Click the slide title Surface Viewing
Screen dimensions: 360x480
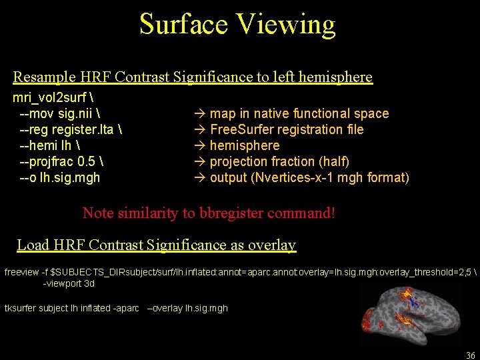click(237, 25)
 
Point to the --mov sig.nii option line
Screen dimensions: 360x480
click(60, 113)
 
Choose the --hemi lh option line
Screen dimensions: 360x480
click(49, 145)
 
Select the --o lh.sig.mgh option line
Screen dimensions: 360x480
click(60, 177)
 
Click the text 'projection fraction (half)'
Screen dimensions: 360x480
click(279, 161)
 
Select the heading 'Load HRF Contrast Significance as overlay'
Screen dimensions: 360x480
click(157, 245)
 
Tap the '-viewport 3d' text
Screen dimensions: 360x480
click(69, 283)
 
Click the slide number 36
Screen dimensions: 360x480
click(471, 355)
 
